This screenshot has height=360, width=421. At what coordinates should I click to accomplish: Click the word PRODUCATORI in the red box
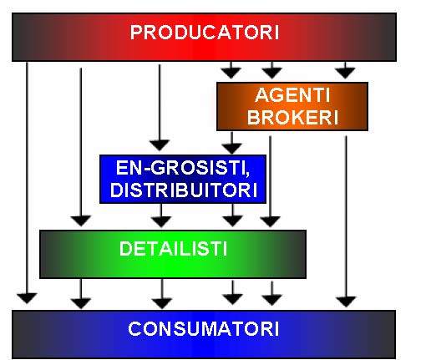(x=205, y=33)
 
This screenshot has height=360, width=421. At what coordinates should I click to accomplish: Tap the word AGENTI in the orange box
(x=292, y=95)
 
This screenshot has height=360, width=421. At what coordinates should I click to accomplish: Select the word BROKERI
(x=292, y=117)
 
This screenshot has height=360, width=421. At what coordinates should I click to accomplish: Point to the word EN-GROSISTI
(x=183, y=168)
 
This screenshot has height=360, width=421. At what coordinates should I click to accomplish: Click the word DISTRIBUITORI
(x=184, y=190)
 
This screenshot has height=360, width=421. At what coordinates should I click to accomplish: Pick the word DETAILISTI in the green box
(x=173, y=248)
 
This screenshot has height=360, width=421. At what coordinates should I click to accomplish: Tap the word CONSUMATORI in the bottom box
(x=204, y=329)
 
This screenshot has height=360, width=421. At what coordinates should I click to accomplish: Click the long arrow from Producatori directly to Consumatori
(x=27, y=183)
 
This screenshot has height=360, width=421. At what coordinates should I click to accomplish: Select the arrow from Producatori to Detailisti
(x=81, y=147)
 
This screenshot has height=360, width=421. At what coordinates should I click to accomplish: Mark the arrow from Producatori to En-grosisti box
(x=160, y=108)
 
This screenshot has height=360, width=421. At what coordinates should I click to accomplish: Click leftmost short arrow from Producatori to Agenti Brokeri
(x=231, y=70)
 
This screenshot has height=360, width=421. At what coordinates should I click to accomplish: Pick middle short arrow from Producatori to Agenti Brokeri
(x=272, y=70)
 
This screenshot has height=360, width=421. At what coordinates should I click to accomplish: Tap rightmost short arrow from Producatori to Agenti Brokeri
(x=345, y=70)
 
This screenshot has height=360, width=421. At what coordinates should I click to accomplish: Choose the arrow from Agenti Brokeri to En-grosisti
(x=231, y=143)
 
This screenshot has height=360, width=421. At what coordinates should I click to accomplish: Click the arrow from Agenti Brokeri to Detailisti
(x=270, y=181)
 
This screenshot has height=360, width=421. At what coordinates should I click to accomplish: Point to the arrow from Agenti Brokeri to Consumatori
(x=346, y=221)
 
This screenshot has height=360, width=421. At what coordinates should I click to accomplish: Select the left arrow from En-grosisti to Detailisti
(x=161, y=215)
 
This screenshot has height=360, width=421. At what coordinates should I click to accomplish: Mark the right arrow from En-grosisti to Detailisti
(x=232, y=215)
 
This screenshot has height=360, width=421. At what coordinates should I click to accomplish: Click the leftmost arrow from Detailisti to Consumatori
(x=81, y=294)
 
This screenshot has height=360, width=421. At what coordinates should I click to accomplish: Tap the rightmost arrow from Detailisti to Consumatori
(x=272, y=293)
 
